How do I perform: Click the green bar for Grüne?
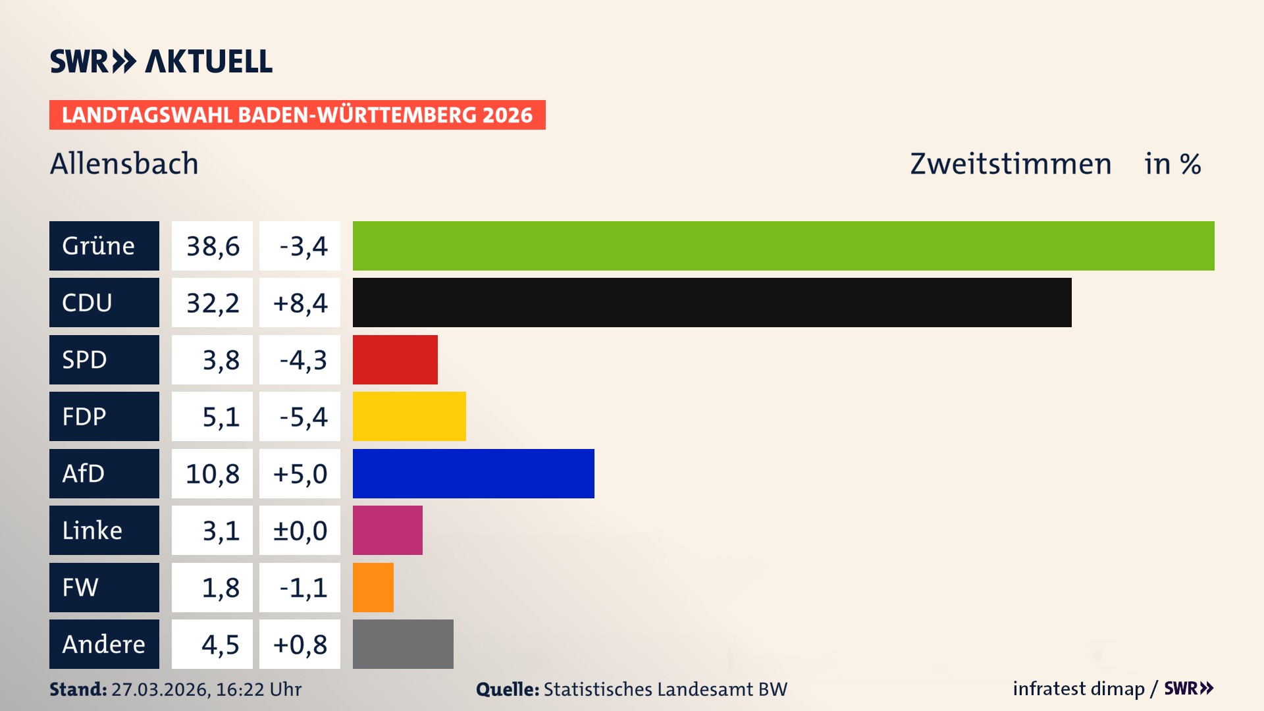(783, 246)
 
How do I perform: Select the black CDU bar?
(712, 302)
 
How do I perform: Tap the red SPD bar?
(395, 359)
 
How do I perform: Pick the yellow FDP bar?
(409, 416)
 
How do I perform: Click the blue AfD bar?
(473, 473)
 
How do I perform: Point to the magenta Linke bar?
(387, 530)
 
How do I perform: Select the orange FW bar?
(373, 587)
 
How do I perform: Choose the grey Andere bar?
(403, 644)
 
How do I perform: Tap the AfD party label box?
(104, 473)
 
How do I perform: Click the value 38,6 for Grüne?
(212, 246)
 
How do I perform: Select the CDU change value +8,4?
(300, 303)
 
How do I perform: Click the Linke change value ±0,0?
(300, 531)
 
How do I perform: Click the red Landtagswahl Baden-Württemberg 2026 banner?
(297, 115)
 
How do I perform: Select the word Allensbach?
(124, 163)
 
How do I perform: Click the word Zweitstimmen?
(1011, 163)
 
